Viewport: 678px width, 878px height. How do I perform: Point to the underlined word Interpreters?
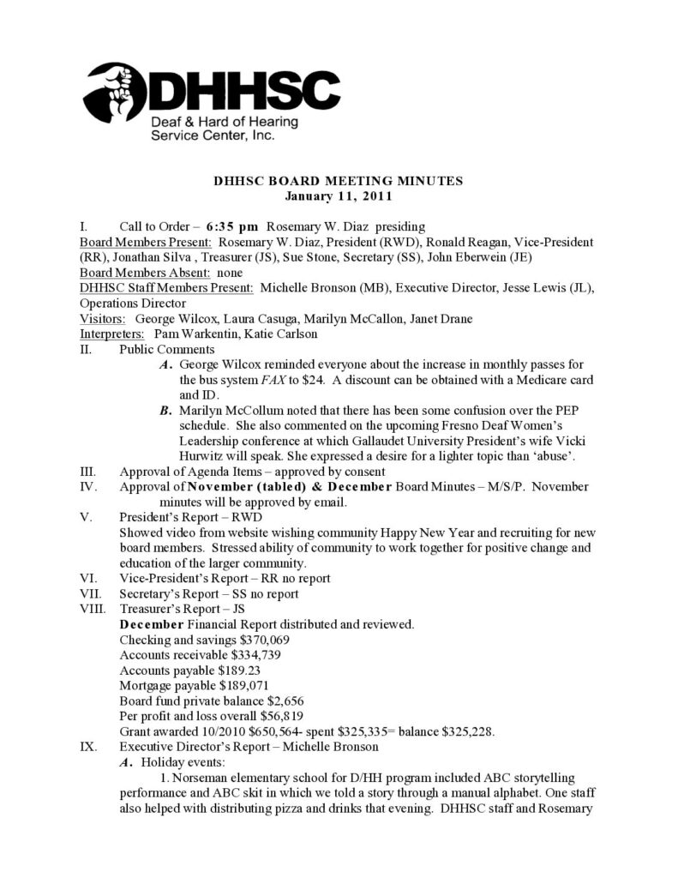(x=112, y=334)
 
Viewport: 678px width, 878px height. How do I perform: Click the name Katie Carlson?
(x=272, y=334)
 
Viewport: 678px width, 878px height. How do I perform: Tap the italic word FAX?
(x=298, y=379)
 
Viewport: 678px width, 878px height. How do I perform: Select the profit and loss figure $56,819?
(x=273, y=716)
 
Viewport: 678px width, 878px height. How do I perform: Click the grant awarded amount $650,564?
(x=255, y=731)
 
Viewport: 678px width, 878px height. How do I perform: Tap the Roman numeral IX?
(x=87, y=746)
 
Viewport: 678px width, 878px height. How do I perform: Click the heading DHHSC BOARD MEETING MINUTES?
(x=338, y=180)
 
